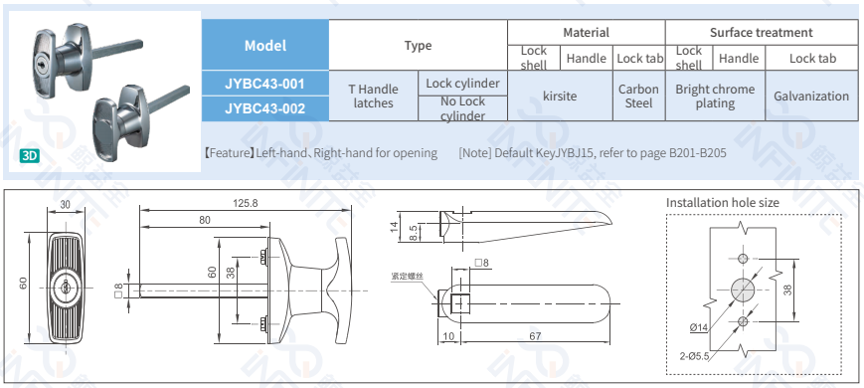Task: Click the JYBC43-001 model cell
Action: point(265,84)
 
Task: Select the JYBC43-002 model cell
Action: point(265,108)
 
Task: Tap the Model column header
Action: point(265,45)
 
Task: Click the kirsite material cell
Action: point(560,96)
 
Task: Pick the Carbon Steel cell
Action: point(638,96)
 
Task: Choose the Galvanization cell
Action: point(811,96)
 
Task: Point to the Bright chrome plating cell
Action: point(715,96)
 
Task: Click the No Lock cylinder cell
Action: point(463,108)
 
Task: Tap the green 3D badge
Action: point(30,156)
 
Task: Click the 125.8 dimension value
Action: point(246,203)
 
